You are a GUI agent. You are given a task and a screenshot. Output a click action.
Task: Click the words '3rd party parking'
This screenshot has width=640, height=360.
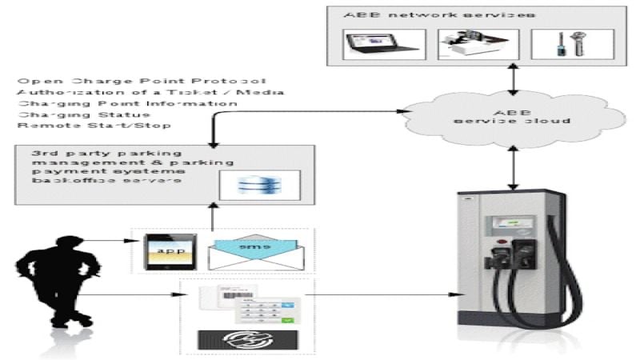coord(79,152)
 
